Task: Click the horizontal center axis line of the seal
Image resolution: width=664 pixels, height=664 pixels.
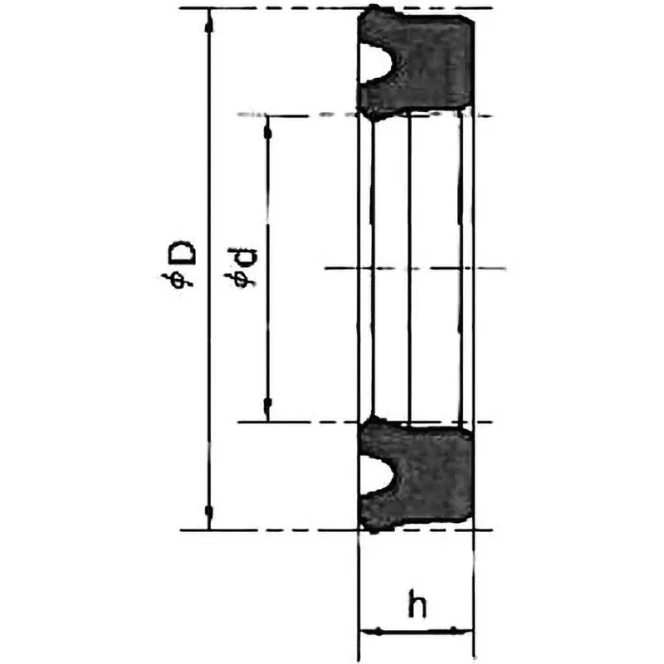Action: click(415, 268)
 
